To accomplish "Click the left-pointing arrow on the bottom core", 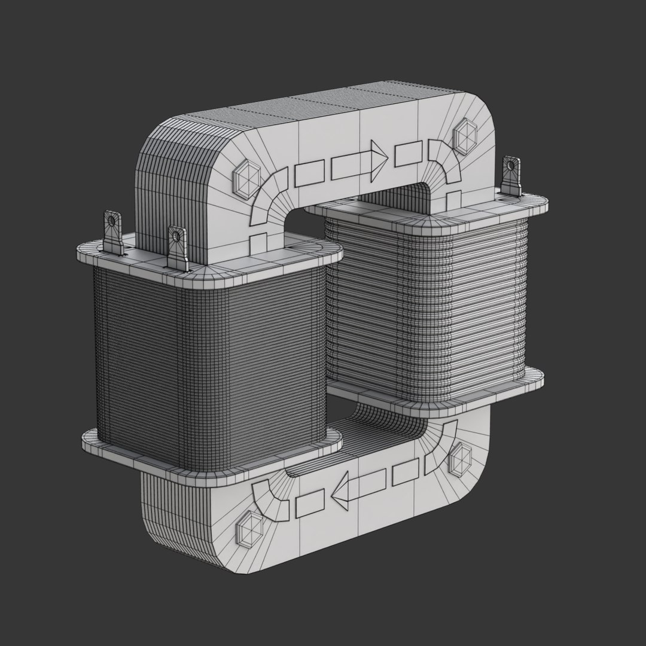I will tap(359, 487).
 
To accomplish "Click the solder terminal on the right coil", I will tap(511, 176).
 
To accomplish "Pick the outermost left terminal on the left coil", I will tap(112, 233).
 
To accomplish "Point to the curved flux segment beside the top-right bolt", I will tap(443, 163).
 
